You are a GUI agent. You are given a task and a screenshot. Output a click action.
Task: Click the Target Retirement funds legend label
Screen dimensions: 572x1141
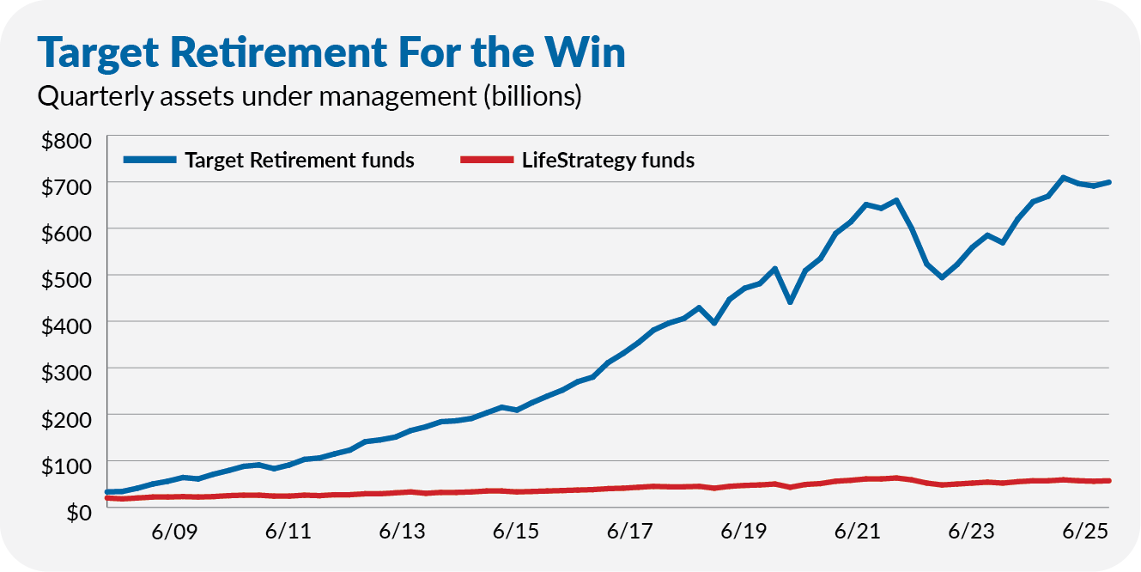[x=300, y=161]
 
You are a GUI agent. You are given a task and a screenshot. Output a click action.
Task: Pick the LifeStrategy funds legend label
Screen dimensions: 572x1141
[x=608, y=161]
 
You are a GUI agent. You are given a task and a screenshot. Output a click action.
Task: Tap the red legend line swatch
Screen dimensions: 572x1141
[x=487, y=161]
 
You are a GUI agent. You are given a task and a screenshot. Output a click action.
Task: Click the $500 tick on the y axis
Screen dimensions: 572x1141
[x=65, y=277]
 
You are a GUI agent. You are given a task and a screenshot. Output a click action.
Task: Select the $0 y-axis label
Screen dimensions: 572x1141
[x=79, y=511]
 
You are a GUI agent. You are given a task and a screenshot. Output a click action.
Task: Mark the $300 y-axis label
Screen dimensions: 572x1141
[x=65, y=370]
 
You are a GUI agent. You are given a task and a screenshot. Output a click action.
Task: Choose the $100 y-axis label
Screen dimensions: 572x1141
[x=65, y=464]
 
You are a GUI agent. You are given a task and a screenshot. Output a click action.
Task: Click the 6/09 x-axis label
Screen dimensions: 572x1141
[x=173, y=532]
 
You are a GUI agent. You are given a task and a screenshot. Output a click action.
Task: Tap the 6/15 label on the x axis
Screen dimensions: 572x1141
[x=515, y=532]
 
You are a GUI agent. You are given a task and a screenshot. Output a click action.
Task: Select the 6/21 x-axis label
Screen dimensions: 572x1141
[x=857, y=532]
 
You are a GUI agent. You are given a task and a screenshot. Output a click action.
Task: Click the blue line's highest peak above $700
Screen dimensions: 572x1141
[x=1063, y=178]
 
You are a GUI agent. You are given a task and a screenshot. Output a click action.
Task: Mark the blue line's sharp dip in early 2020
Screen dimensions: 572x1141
[x=790, y=302]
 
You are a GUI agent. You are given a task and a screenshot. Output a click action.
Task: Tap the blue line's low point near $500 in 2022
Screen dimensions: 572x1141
[x=942, y=277]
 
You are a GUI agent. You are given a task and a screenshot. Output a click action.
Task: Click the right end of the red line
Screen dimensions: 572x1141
[x=1108, y=480]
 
